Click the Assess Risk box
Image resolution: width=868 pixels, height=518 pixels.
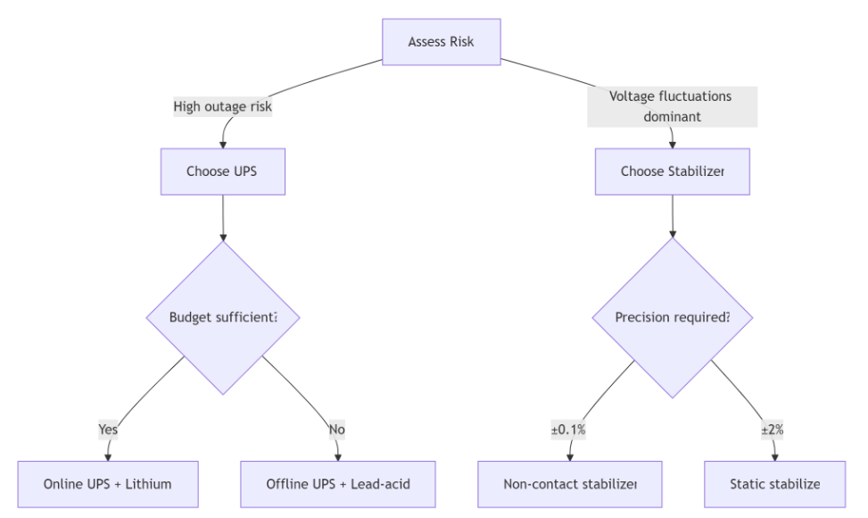[442, 42]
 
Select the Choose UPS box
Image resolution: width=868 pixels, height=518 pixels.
[222, 171]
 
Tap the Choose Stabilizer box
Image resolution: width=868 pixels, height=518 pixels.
[672, 171]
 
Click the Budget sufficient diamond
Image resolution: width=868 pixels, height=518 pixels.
[222, 318]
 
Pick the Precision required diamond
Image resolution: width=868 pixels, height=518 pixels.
[672, 318]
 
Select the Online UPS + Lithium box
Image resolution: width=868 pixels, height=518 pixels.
[107, 484]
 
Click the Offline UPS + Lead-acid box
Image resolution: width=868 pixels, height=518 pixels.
[338, 484]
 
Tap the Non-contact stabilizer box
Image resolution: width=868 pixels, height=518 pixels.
[571, 484]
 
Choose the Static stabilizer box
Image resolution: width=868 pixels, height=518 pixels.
[773, 484]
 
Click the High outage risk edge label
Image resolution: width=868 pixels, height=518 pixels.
[222, 106]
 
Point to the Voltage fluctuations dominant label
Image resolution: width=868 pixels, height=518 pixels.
[672, 106]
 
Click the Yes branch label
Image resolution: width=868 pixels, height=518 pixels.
[107, 430]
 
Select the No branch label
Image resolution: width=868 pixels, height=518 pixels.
[336, 430]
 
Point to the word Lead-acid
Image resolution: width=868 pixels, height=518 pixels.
[380, 484]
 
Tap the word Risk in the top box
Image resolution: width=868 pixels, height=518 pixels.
[461, 42]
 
